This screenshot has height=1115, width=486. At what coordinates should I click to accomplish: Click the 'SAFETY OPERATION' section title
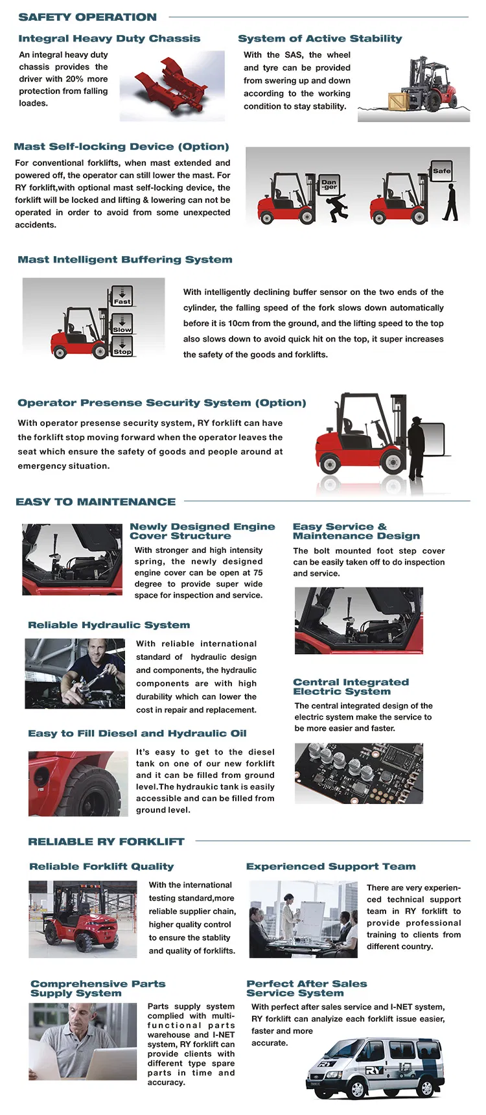[x=87, y=17]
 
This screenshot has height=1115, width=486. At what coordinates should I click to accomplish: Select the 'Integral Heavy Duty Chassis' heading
[x=109, y=38]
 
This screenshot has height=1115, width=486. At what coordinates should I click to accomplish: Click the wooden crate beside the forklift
[x=398, y=102]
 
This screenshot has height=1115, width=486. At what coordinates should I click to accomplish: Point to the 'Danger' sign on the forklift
[x=329, y=183]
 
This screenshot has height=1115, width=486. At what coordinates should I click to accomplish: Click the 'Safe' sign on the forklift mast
[x=441, y=171]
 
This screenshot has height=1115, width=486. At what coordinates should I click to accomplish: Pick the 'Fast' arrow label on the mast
[x=122, y=297]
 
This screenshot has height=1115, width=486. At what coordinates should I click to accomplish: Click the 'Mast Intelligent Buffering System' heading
[x=124, y=259]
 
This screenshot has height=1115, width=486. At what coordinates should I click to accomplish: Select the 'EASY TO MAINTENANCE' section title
[x=95, y=502]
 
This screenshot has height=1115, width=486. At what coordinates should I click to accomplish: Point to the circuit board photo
[x=358, y=773]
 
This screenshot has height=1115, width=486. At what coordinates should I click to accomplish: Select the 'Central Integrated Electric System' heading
[x=351, y=687]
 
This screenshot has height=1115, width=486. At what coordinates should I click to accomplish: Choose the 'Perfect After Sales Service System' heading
[x=307, y=988]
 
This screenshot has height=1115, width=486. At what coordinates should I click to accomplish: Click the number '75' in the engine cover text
[x=257, y=572]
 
